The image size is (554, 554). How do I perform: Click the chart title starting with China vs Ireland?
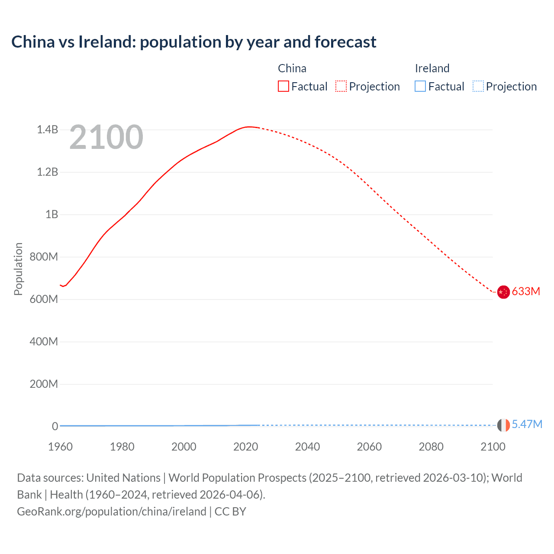[193, 42]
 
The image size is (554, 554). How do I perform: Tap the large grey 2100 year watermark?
[106, 137]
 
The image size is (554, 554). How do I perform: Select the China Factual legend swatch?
[283, 87]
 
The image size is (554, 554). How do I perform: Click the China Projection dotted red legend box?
[341, 87]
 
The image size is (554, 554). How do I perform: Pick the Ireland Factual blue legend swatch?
[420, 87]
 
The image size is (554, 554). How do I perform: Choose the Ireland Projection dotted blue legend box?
[478, 87]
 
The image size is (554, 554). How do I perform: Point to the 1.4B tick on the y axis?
[47, 129]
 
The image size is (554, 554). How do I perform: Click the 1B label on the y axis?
[52, 214]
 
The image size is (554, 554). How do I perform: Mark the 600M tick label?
[44, 299]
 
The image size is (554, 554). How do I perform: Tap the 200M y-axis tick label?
[44, 384]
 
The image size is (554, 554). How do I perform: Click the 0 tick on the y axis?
[55, 426]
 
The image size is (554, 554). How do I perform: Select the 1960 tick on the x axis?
[60, 447]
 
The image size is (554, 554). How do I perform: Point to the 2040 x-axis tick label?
[307, 447]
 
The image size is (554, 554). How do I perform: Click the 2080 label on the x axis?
[431, 447]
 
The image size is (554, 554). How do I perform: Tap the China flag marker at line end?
[503, 292]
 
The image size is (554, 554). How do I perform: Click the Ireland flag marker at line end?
[503, 425]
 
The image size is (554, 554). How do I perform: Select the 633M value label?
[526, 291]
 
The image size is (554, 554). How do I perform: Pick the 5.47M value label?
[527, 424]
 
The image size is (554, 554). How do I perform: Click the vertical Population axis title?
[18, 269]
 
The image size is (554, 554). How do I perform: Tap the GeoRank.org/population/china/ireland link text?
[112, 512]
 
